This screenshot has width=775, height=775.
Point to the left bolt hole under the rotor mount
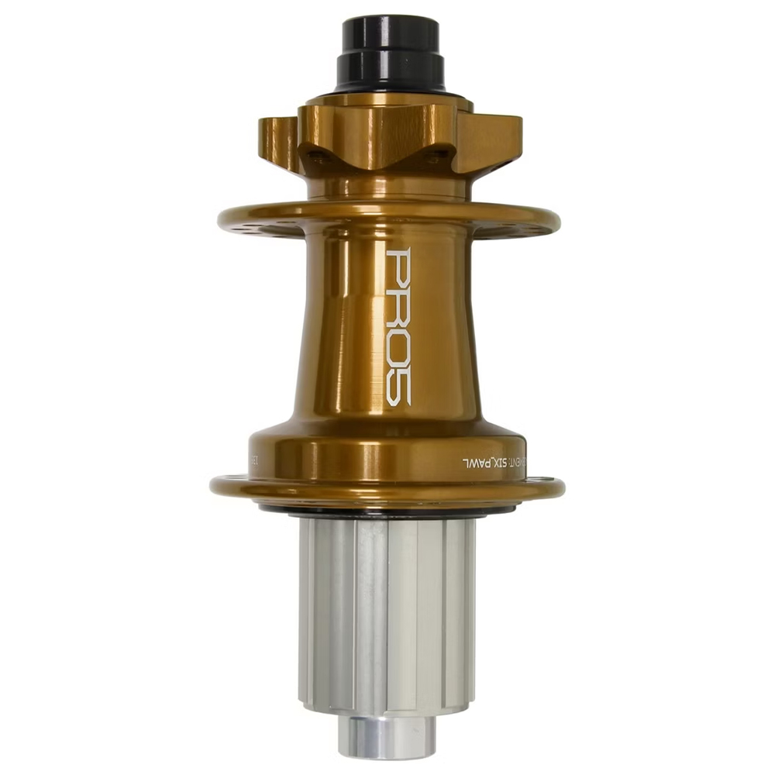click(315, 155)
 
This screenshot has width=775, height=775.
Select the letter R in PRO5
click(398, 308)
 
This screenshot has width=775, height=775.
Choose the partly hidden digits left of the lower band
click(256, 460)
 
